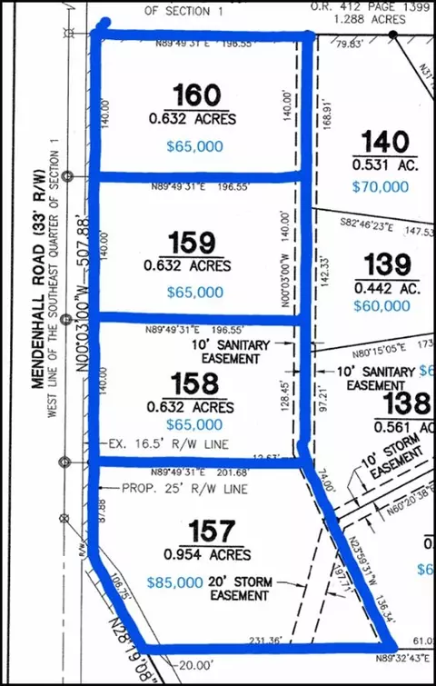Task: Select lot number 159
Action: coord(193,243)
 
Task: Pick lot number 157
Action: coord(211,531)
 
